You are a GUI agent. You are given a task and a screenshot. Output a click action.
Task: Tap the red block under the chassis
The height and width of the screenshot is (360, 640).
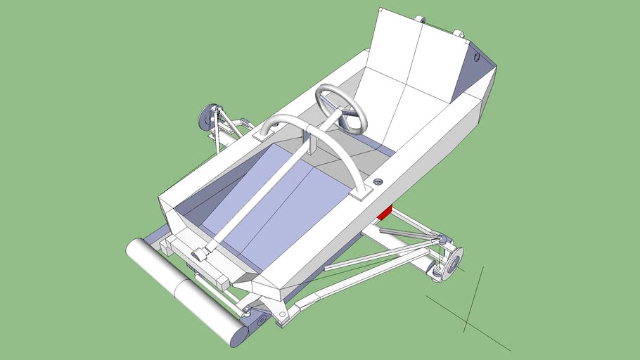pos(385,212)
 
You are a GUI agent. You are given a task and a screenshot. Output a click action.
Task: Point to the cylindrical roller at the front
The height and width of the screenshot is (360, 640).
pos(183,291)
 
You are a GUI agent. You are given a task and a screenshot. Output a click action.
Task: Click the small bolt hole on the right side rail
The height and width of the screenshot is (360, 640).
pos(378,182)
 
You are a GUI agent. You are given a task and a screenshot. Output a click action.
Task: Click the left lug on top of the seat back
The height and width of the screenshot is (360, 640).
pos(420,19)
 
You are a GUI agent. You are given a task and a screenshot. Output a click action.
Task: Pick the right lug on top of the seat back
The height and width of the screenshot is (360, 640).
pos(459,32)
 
